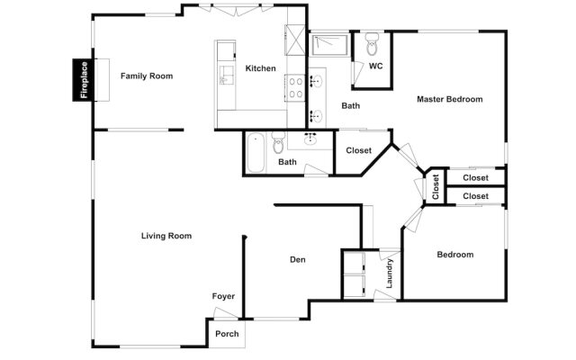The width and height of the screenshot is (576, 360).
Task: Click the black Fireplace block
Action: (x=84, y=79)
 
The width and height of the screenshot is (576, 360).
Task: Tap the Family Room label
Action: (x=147, y=76)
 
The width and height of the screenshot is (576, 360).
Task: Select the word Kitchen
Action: (x=260, y=69)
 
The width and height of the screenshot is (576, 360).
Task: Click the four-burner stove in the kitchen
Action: (x=296, y=85)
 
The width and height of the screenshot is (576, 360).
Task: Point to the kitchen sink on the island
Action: (x=224, y=80)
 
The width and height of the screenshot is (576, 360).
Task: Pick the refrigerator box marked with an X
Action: (x=297, y=40)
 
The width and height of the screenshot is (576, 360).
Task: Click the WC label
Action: (x=375, y=66)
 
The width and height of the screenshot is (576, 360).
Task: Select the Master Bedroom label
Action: (x=449, y=99)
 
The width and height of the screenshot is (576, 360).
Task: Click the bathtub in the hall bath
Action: (x=255, y=152)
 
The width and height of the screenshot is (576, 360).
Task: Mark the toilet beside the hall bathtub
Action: (x=278, y=143)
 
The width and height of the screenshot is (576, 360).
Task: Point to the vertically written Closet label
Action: (x=436, y=187)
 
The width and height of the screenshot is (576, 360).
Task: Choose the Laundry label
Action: (x=390, y=274)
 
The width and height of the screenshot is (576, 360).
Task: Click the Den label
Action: (x=297, y=260)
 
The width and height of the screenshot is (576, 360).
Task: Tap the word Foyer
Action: (x=223, y=296)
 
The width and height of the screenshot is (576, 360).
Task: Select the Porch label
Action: (x=227, y=334)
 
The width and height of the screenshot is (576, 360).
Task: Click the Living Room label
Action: (x=166, y=236)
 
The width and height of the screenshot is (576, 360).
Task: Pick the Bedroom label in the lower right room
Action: (x=454, y=255)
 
